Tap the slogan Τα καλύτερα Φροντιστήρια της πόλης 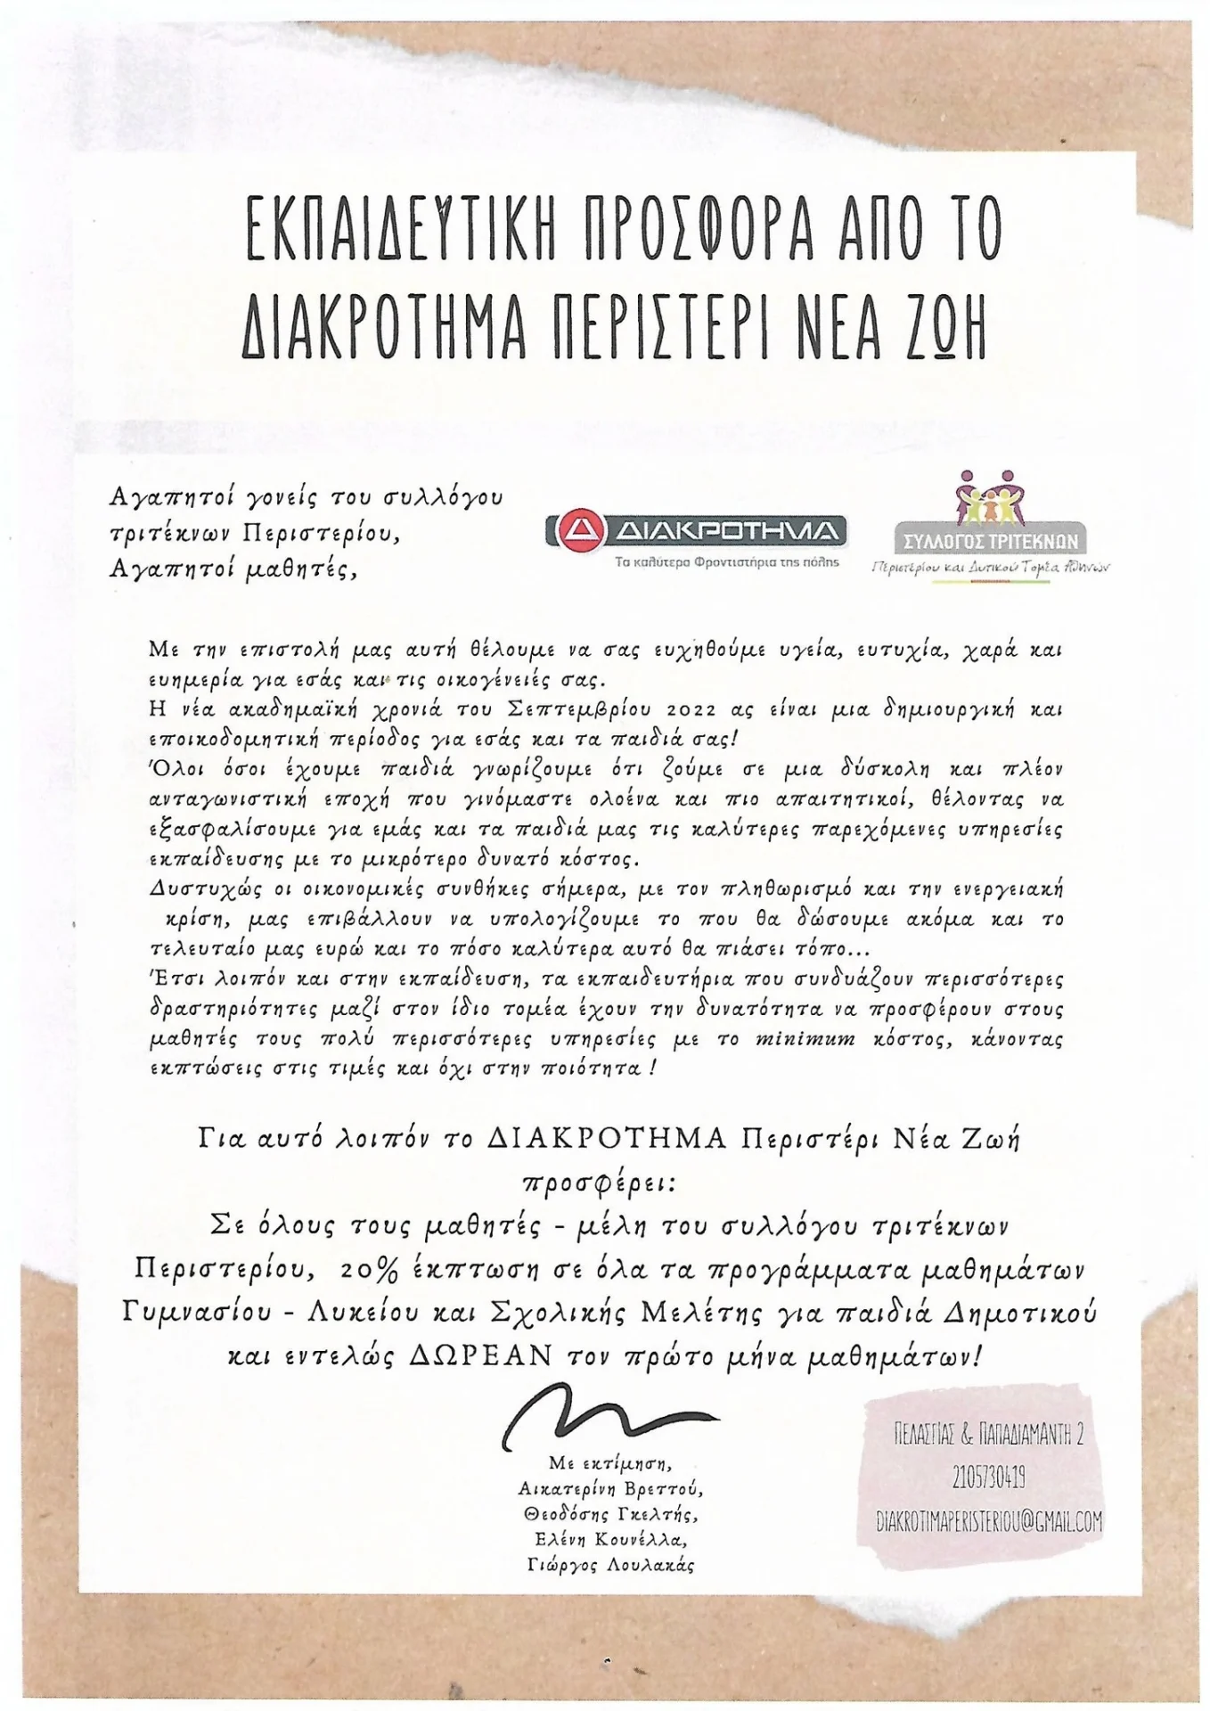(727, 562)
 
